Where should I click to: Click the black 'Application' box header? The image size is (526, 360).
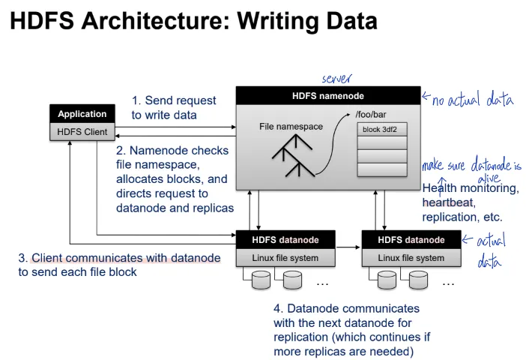[x=82, y=114]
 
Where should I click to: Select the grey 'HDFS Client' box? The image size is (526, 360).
[x=82, y=132]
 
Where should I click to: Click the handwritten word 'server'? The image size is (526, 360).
[x=336, y=79]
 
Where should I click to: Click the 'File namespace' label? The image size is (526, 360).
[x=291, y=127]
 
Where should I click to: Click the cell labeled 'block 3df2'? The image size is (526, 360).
[x=379, y=129]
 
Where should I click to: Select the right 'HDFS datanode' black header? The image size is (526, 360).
[x=410, y=240]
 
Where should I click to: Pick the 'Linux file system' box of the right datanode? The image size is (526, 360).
[x=410, y=258]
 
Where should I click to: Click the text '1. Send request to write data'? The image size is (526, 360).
[x=174, y=107]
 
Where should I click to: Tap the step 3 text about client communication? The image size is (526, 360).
[x=119, y=265]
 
